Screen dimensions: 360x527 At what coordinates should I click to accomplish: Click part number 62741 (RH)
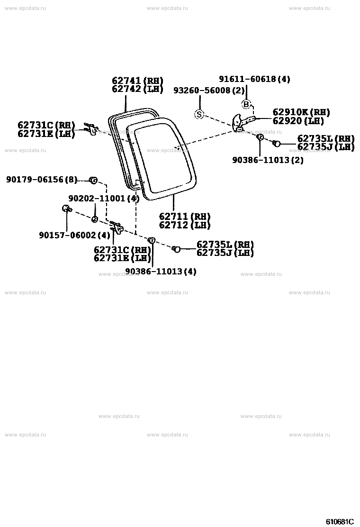pos(137,81)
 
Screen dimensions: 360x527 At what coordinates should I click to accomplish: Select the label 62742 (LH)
pos(137,89)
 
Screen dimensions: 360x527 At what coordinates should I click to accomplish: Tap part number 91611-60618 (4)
pos(254,79)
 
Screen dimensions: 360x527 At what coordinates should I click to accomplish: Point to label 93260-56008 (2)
pos(209,91)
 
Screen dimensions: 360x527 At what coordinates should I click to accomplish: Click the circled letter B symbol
pos(246,105)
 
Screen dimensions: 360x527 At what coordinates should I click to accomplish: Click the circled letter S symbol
pos(199,115)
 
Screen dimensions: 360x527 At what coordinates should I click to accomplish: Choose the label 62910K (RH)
pos(301,112)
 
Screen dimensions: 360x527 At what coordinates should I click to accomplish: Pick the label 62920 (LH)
pos(298,121)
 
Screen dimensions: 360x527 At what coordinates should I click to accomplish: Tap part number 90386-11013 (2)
pos(268,160)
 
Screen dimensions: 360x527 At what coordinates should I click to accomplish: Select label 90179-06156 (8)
pos(42,180)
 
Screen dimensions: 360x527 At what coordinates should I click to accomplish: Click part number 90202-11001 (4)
pos(104,198)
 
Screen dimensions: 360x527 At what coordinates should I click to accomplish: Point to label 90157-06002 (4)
pos(74,235)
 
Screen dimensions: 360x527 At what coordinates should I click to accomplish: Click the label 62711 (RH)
pos(185,217)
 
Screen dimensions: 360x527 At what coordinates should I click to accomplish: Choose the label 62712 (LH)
pos(185,225)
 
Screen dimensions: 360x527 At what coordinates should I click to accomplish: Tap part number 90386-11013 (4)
pos(161,271)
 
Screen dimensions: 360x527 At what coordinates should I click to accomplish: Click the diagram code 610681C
pos(340,522)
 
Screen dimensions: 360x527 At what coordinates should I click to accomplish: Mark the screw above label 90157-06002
pos(67,209)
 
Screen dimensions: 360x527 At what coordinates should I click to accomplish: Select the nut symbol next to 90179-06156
pos(93,181)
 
